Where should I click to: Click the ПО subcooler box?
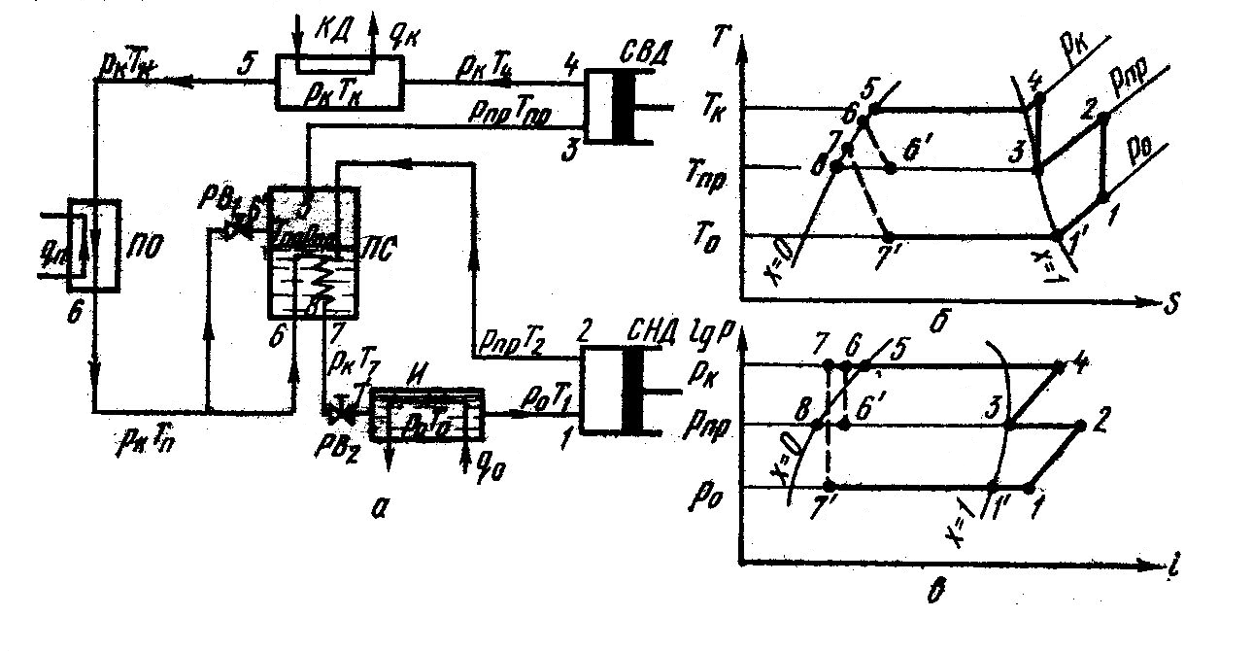94,244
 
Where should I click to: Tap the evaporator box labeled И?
427,414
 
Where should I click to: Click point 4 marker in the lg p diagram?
1059,366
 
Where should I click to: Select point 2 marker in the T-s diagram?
1103,119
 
